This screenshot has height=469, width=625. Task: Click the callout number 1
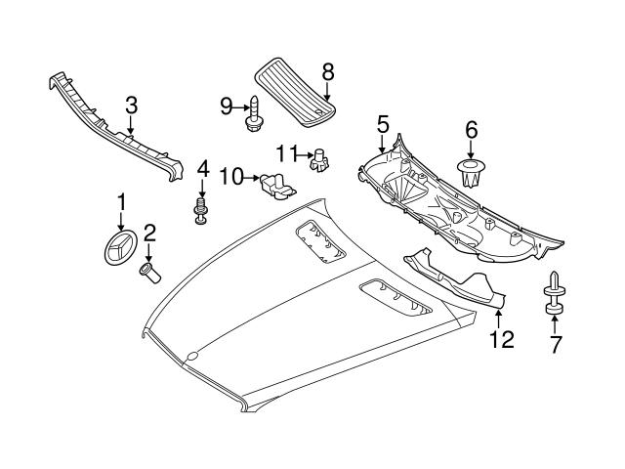tap(122, 201)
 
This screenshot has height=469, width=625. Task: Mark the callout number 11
tap(285, 152)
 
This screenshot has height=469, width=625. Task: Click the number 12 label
tap(500, 339)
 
